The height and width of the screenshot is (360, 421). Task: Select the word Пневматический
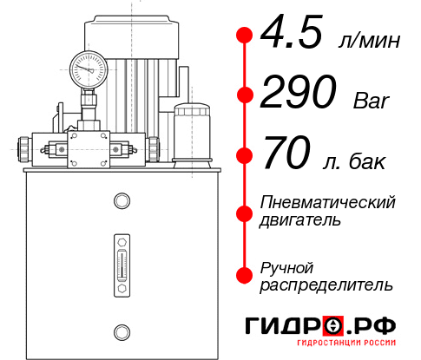(x=327, y=202)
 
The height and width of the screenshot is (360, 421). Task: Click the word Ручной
(x=286, y=267)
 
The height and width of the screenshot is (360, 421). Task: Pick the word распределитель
(x=326, y=285)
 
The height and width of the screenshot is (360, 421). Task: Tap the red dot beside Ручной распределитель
(x=245, y=274)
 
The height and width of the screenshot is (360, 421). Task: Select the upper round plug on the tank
(x=121, y=202)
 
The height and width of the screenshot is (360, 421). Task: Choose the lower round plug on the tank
(x=121, y=330)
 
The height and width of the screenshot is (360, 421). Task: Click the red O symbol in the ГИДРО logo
(x=332, y=325)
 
